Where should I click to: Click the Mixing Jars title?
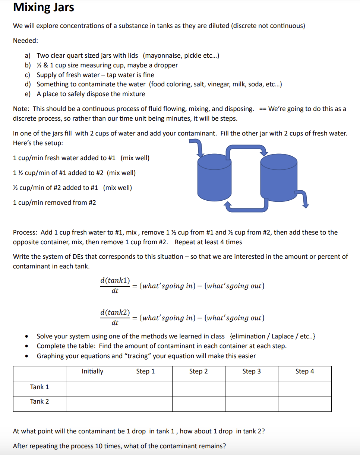click(x=44, y=7)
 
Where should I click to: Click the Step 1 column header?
click(x=145, y=371)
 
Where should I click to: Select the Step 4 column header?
click(x=304, y=371)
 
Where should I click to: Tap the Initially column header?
click(x=92, y=371)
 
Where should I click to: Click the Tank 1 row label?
click(x=40, y=387)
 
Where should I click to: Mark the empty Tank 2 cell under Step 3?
click(x=252, y=404)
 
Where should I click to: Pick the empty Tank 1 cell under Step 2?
click(x=198, y=389)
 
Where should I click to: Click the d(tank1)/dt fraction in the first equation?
click(x=115, y=285)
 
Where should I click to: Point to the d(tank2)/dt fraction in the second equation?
click(x=115, y=317)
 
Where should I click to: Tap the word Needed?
click(x=25, y=41)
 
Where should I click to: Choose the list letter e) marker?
click(x=28, y=94)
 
